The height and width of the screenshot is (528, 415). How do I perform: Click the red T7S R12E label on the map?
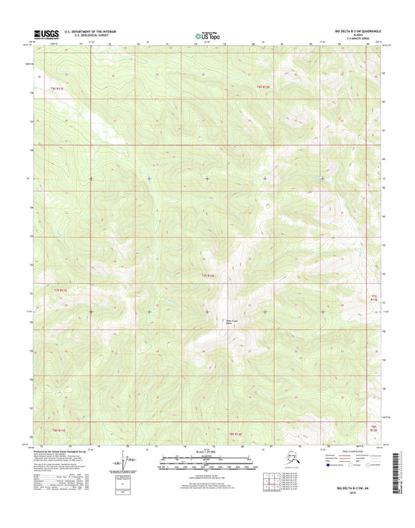208,276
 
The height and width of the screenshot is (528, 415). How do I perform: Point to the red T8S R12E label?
235,432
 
